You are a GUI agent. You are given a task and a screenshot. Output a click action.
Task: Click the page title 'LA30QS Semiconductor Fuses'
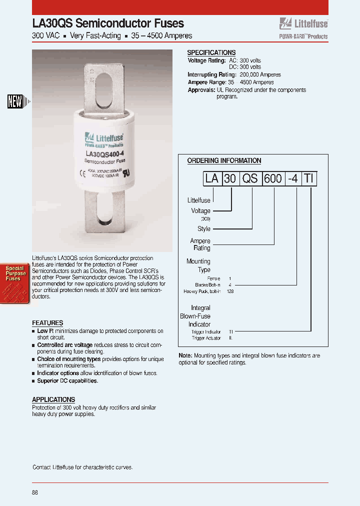(108, 23)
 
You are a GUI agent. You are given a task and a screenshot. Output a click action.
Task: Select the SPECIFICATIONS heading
(211, 52)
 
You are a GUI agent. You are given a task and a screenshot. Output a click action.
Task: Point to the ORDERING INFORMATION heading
(224, 160)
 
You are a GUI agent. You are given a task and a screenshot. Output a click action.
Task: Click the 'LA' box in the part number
(212, 178)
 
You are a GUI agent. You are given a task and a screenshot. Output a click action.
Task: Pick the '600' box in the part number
(273, 178)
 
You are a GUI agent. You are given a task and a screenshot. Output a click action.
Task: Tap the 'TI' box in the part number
(310, 178)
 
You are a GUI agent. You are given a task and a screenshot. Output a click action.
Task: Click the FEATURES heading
(47, 323)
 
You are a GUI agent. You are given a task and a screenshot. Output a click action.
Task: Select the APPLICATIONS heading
(53, 399)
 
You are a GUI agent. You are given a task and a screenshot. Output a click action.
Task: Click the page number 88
(35, 492)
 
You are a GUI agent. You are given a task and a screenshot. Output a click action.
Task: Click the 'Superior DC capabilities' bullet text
(67, 380)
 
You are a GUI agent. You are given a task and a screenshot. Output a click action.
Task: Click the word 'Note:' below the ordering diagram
(185, 355)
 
